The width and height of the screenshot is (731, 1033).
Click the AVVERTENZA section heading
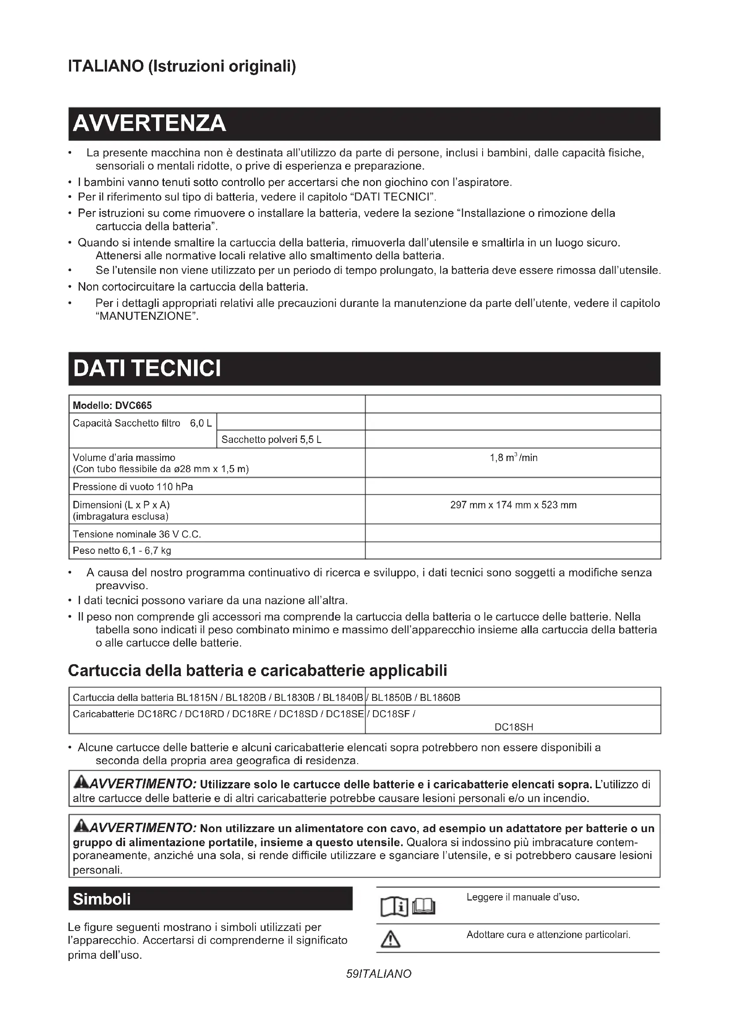click(x=149, y=124)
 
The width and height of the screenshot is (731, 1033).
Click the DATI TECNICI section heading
click(x=147, y=368)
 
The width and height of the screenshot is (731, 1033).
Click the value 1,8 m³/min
click(x=513, y=458)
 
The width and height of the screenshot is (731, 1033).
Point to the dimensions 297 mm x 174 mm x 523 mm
click(x=513, y=505)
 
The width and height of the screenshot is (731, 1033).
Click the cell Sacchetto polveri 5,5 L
click(x=271, y=439)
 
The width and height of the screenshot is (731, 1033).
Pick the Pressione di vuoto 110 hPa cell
click(x=133, y=487)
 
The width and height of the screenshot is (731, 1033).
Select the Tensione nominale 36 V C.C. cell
click(x=137, y=534)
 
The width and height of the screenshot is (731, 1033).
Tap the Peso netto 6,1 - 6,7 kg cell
click(x=122, y=551)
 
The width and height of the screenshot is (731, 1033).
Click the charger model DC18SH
click(x=514, y=727)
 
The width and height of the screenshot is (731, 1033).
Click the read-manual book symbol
click(x=408, y=906)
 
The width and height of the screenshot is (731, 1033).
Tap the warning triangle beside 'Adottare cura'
click(x=390, y=940)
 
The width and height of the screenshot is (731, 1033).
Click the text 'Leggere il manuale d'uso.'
click(x=522, y=897)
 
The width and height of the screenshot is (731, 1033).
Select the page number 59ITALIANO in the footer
click(x=379, y=974)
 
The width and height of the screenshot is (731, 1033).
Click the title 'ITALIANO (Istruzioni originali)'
click(x=182, y=67)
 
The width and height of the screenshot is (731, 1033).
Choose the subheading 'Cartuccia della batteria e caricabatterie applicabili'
click(x=258, y=670)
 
